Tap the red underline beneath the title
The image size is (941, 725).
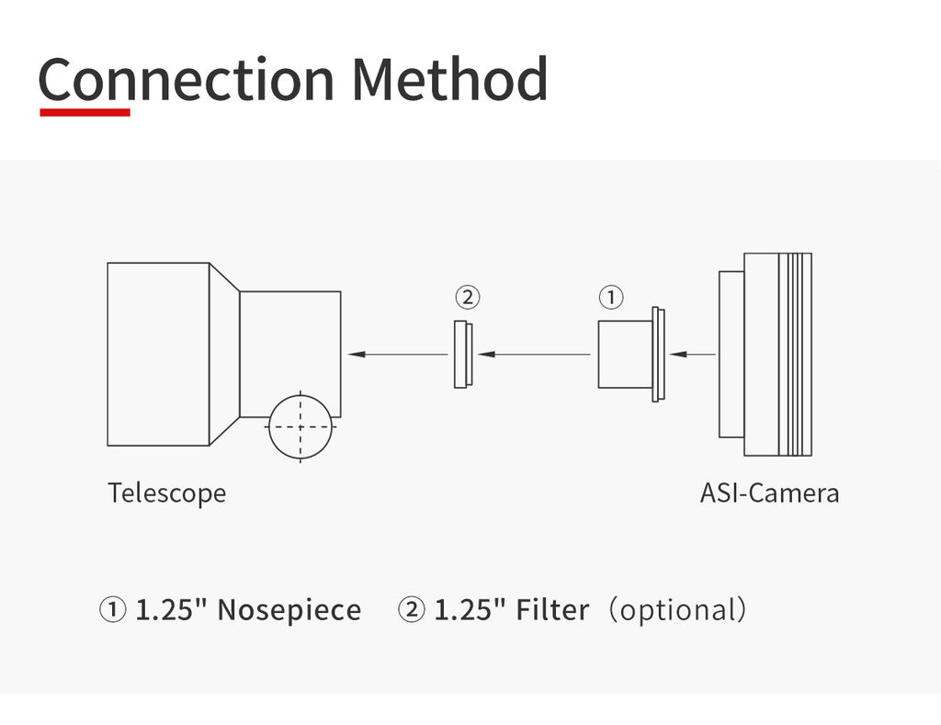(85, 112)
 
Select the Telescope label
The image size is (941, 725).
(166, 493)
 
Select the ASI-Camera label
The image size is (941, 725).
(769, 493)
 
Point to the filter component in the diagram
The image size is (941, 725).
(462, 354)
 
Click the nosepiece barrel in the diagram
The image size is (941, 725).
(625, 354)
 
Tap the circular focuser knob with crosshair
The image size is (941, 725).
(300, 426)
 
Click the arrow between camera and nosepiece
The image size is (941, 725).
(694, 354)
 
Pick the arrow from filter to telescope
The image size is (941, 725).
(398, 354)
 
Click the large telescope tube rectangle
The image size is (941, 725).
(158, 354)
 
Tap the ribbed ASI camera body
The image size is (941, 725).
(777, 354)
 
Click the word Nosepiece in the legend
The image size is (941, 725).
(289, 610)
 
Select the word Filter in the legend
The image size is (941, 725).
(551, 610)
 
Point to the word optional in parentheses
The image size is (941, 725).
(679, 610)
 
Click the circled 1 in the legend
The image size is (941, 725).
(112, 610)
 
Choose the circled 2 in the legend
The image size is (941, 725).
(411, 610)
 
